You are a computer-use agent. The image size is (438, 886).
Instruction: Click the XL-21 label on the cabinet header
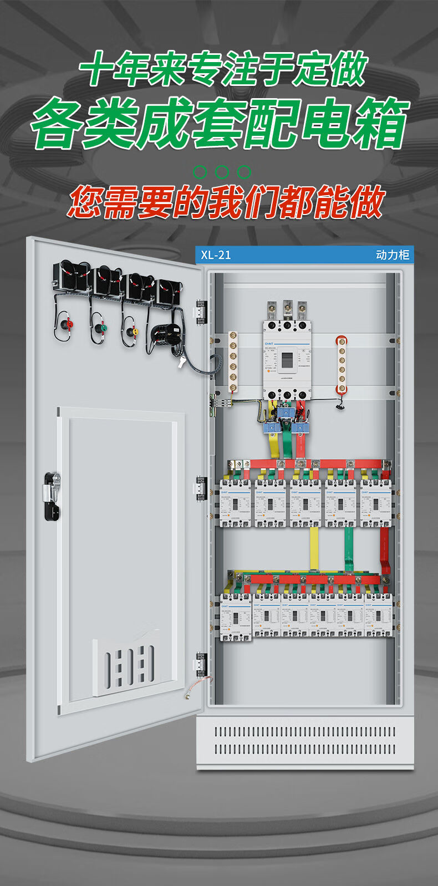(x=216, y=255)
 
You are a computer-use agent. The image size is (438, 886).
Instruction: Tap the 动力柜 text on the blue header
(x=393, y=255)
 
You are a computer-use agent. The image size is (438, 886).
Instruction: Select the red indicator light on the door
(x=69, y=324)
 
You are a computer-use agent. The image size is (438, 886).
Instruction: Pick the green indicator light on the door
(x=100, y=328)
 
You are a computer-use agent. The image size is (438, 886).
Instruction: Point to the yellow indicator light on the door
(x=132, y=332)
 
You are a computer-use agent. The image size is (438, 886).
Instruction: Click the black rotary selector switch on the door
(x=166, y=336)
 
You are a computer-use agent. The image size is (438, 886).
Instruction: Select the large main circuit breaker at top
(x=287, y=360)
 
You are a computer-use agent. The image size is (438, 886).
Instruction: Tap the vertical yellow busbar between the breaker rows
(x=314, y=549)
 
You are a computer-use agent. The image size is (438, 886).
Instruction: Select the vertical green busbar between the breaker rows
(x=349, y=549)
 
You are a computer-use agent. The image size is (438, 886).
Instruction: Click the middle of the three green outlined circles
(x=222, y=172)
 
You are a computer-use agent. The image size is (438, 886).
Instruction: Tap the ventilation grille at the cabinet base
(x=305, y=741)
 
